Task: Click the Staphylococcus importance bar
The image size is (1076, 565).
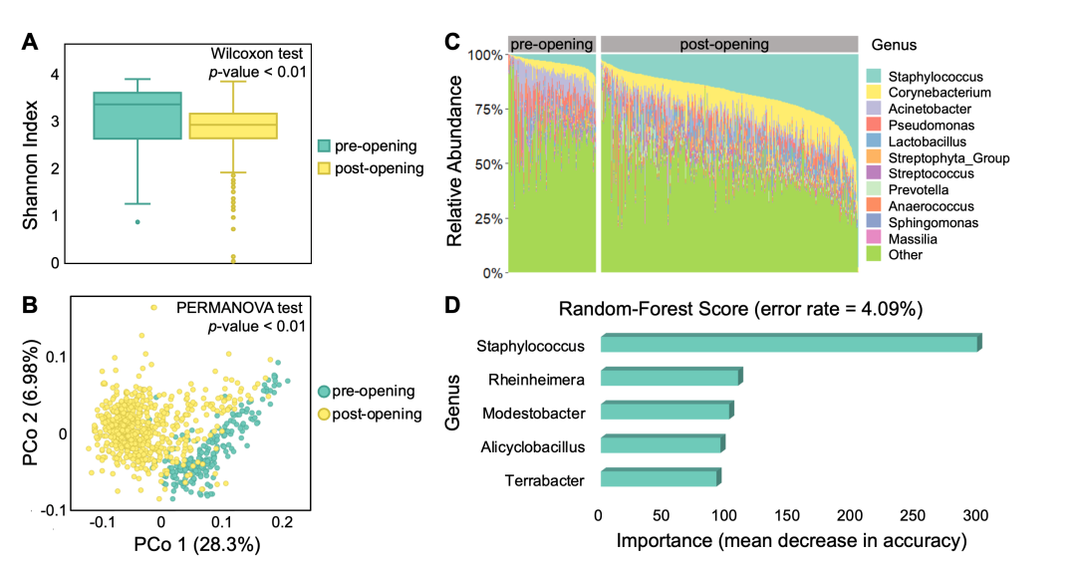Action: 789,344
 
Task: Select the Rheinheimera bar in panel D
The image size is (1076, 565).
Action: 670,378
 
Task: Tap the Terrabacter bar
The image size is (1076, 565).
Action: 659,479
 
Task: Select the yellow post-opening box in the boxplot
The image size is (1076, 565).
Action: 232,126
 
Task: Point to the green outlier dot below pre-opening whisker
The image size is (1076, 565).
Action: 136,221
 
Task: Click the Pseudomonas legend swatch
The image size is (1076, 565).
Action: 874,126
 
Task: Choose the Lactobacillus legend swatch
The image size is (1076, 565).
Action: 874,141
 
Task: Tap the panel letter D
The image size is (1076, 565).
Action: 451,307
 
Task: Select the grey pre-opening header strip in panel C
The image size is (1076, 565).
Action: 551,45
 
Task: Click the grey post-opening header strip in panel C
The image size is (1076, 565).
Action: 728,45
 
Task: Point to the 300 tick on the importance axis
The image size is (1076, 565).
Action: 975,515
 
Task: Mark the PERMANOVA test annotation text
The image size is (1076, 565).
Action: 241,309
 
